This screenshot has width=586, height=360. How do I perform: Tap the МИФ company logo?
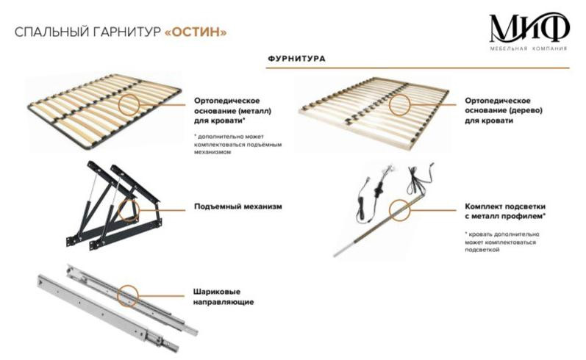(x=530, y=29)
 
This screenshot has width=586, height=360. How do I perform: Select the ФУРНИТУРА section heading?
(x=297, y=57)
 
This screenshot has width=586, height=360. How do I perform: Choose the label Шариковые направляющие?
(x=224, y=297)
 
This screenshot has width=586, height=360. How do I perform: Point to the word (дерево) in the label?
(x=518, y=110)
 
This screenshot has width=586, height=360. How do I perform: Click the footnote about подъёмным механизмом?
(x=229, y=145)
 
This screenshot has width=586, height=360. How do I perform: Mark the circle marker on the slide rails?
(x=129, y=294)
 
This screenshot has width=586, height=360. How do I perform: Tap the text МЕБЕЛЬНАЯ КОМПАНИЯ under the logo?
(x=530, y=49)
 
